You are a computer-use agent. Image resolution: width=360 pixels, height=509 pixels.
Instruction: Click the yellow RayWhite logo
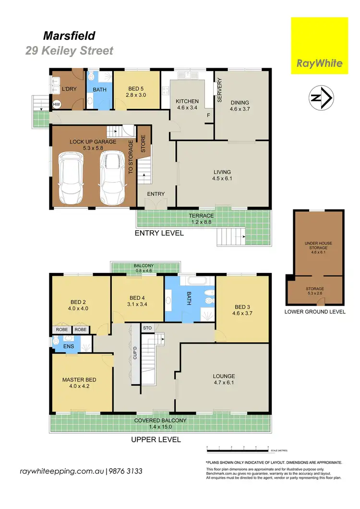[x=319, y=46]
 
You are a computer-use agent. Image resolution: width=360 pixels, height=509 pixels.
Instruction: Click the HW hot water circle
[x=57, y=105]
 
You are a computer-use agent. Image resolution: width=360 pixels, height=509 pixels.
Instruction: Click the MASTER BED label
[x=77, y=380]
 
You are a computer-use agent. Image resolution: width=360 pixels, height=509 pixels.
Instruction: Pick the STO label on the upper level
[x=148, y=328]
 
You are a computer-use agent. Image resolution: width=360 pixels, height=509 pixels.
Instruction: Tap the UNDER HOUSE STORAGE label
[x=318, y=246]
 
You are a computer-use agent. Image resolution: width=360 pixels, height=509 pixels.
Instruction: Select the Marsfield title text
[x=70, y=35]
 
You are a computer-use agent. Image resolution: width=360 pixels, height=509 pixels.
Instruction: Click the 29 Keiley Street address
[x=70, y=50]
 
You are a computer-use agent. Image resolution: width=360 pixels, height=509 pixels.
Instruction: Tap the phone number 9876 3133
[x=127, y=471]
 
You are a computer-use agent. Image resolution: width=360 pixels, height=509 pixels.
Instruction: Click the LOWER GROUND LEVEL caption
[x=315, y=311]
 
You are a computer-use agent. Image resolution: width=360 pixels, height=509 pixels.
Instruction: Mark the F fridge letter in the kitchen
[x=208, y=116]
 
